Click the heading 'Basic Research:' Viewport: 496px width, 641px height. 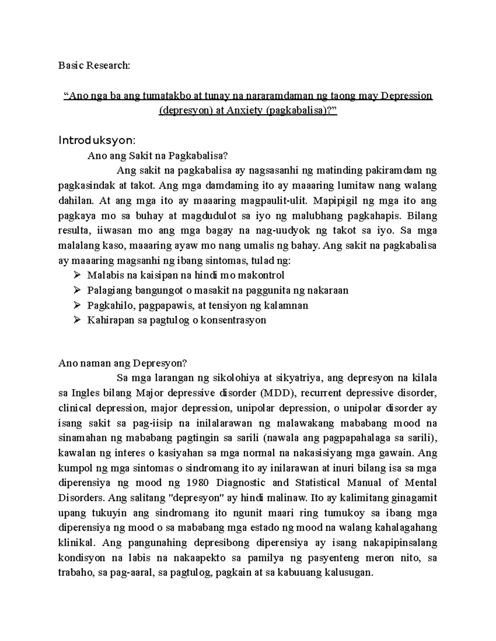tap(94, 66)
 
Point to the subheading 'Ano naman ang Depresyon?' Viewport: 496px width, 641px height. tap(123, 363)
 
